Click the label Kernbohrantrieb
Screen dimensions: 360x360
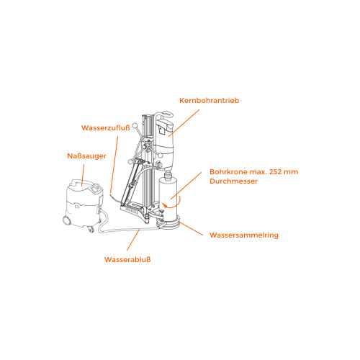(210, 100)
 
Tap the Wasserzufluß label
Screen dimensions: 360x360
(106, 127)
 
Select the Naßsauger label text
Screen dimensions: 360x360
(86, 156)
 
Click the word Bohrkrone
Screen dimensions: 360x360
(228, 172)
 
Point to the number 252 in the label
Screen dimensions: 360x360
(275, 172)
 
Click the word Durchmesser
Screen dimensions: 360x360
(233, 181)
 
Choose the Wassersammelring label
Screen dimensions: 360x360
(244, 235)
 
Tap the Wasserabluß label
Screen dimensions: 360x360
(127, 259)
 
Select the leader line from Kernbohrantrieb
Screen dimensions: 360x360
(184, 123)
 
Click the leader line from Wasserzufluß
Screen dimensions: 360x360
(114, 164)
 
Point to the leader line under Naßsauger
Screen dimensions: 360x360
(83, 175)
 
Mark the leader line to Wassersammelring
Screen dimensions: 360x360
(191, 228)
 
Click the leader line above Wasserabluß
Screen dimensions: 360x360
(133, 240)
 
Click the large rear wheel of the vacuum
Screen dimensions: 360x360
(66, 220)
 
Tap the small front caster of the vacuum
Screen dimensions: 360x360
(91, 230)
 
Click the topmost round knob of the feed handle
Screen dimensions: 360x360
(135, 125)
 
